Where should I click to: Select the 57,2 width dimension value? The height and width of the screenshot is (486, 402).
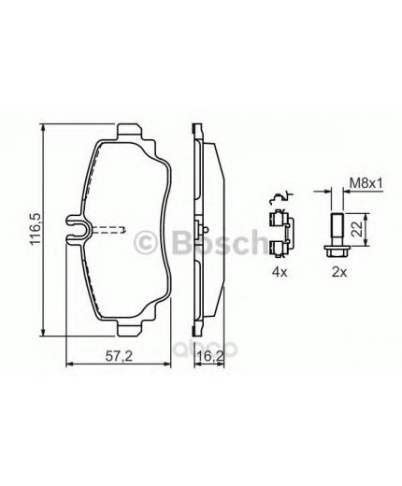(x=114, y=356)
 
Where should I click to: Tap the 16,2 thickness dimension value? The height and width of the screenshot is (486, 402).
(x=206, y=356)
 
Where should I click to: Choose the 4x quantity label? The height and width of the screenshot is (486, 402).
(x=278, y=274)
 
